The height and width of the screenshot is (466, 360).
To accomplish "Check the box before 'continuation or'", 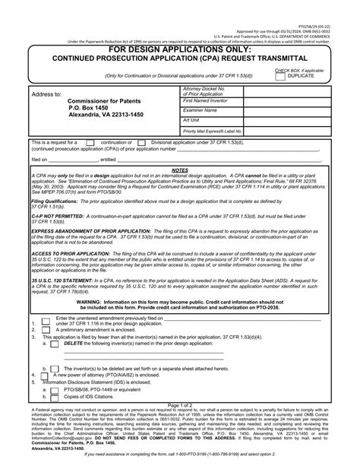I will tap(90, 142).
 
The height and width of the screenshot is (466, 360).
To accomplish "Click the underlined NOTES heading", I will tap(180, 171).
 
